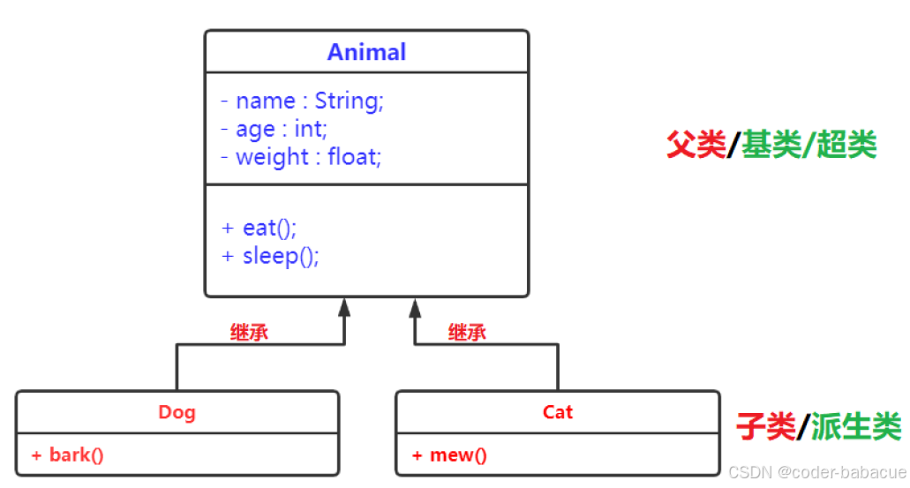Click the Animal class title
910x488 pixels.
[x=366, y=52]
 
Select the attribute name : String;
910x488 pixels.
[x=302, y=101]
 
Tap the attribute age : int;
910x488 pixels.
[x=274, y=130]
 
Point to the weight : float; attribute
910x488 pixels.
[x=300, y=158]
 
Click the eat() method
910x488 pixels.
[x=259, y=228]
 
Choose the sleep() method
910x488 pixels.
[x=270, y=256]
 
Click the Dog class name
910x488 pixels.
[x=177, y=412]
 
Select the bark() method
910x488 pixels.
[x=68, y=455]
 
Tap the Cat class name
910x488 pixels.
[x=558, y=412]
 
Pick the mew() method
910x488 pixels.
[x=449, y=455]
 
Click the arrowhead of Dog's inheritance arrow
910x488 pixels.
[x=344, y=307]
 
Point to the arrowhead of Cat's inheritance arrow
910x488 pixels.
[x=414, y=307]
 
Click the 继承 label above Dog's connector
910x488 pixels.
[x=249, y=333]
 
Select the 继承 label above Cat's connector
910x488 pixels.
[x=467, y=333]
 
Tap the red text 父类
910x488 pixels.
[x=695, y=144]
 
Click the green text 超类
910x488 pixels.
[x=846, y=144]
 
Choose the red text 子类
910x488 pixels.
[x=765, y=427]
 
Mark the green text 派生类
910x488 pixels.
[x=855, y=427]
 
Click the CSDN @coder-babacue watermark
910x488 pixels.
[x=817, y=471]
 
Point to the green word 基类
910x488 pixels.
[x=771, y=144]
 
